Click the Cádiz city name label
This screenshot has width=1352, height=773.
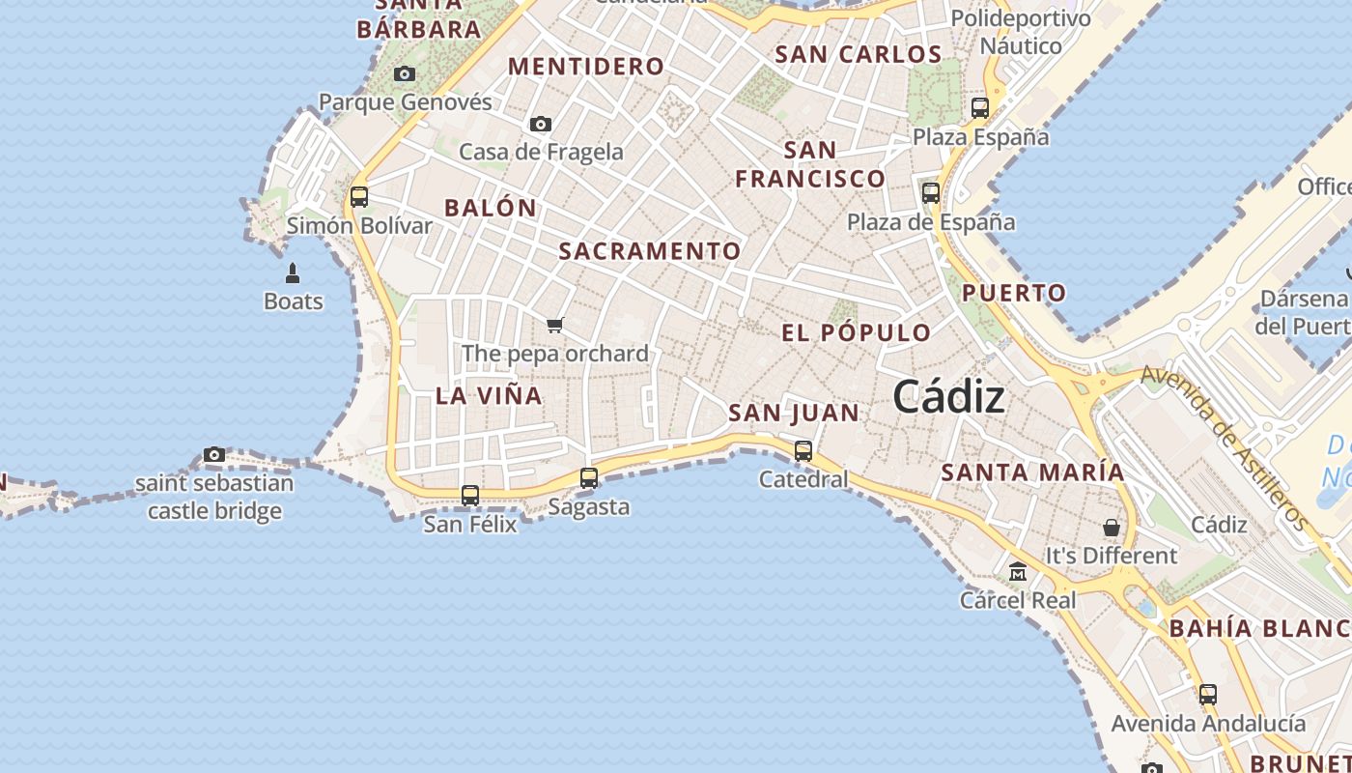pyautogui.click(x=948, y=397)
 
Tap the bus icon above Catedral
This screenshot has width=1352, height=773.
pyautogui.click(x=803, y=450)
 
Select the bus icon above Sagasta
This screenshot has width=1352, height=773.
pyautogui.click(x=589, y=477)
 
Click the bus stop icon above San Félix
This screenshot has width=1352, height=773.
pyautogui.click(x=470, y=496)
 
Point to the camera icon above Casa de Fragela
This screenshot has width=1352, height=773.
pyautogui.click(x=541, y=124)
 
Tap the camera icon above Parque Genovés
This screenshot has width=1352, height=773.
pyautogui.click(x=405, y=74)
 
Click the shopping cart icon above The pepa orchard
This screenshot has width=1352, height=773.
pyautogui.click(x=554, y=325)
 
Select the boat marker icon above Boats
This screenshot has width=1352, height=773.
pyautogui.click(x=293, y=273)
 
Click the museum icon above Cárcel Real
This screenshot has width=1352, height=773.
pyautogui.click(x=1018, y=572)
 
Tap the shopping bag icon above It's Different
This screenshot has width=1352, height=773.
pyautogui.click(x=1112, y=528)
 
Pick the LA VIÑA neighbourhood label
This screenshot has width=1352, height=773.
pyautogui.click(x=489, y=395)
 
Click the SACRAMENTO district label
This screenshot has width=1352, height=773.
pyautogui.click(x=650, y=251)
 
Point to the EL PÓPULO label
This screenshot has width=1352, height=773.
pyautogui.click(x=857, y=333)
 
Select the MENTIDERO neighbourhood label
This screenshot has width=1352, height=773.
pyautogui.click(x=586, y=67)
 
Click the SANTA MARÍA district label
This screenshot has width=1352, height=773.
pyautogui.click(x=1032, y=472)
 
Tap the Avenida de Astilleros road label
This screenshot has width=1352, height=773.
pyautogui.click(x=1224, y=446)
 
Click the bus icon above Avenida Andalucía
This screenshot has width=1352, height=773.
pyautogui.click(x=1207, y=694)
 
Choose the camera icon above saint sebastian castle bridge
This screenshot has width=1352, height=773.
pyautogui.click(x=214, y=455)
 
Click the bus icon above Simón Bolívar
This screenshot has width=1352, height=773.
pyautogui.click(x=359, y=197)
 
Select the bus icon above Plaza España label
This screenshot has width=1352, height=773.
pyautogui.click(x=980, y=108)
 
